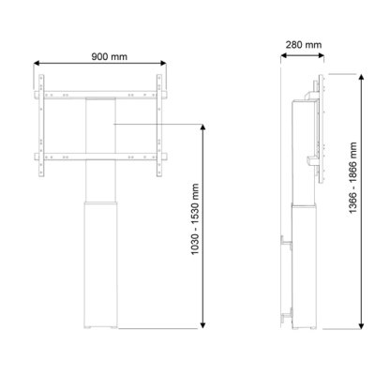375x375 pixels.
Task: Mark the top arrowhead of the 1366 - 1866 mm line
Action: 335,74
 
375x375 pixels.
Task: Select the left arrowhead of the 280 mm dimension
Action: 282,54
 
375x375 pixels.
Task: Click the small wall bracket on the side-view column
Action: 284,243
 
